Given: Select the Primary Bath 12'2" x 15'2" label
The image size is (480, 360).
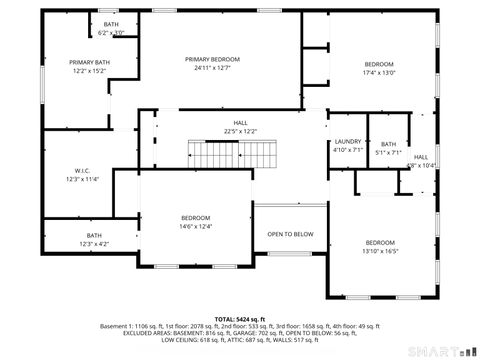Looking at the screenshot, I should click(89, 62).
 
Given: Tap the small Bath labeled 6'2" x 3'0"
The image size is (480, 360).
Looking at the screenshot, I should click(111, 24).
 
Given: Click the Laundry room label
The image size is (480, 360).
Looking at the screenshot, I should click(347, 142).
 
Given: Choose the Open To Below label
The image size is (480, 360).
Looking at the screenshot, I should click(289, 234).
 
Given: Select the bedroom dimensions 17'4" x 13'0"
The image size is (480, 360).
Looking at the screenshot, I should click(379, 72).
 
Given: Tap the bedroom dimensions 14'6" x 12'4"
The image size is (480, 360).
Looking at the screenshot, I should click(196, 226).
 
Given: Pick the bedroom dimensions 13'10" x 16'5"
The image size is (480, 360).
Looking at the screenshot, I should click(380, 252).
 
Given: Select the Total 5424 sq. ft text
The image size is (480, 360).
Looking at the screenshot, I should click(239, 318).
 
